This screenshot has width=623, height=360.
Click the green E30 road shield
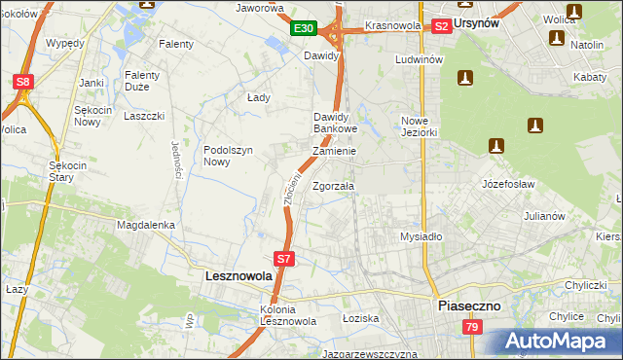tap(303, 28)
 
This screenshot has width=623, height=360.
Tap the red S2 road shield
tap(441, 26)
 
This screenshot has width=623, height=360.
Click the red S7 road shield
tap(283, 259)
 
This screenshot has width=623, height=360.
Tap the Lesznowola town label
tap(238, 276)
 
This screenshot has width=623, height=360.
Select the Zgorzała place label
tap(334, 186)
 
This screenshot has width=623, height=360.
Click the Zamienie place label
tap(334, 152)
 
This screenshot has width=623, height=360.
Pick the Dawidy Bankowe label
tap(335, 123)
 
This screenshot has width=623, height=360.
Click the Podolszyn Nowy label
tap(229, 156)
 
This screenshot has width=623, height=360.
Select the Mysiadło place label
tap(421, 236)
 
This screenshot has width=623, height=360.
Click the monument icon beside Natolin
tap(557, 38)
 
